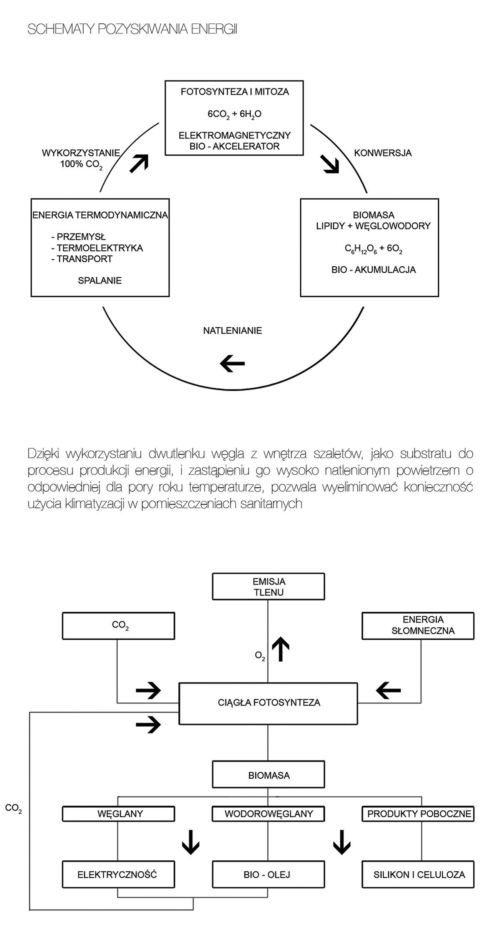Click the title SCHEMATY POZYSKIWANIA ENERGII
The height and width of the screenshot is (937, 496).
[x=132, y=30]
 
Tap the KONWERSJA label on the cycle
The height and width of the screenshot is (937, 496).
[x=383, y=153]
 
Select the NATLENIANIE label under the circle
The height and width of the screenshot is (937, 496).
[x=232, y=331]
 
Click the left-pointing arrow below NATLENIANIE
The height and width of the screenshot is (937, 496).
[x=232, y=363]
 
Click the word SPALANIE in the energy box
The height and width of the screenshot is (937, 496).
[x=100, y=281]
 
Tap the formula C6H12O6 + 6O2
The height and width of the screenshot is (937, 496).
[x=373, y=249]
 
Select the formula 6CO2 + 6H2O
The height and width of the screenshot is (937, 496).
[x=234, y=114]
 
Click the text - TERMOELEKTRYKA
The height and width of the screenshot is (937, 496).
[x=97, y=248]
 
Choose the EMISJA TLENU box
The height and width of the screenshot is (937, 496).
[x=268, y=587]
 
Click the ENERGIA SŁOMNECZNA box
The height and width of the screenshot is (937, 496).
[x=418, y=626]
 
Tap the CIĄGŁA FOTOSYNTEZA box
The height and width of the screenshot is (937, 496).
[x=268, y=703]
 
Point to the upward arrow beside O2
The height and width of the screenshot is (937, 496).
[x=281, y=649]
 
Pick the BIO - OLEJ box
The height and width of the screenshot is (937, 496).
[x=268, y=874]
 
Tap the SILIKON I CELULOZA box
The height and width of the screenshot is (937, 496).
[x=418, y=874]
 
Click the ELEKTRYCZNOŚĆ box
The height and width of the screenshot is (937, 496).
[x=118, y=874]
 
